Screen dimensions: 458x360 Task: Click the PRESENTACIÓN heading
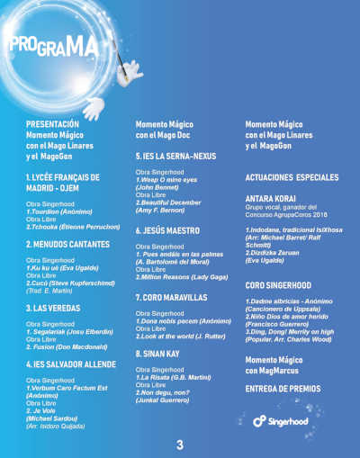tap(52, 123)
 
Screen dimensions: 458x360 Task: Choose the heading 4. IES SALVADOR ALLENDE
tap(70, 364)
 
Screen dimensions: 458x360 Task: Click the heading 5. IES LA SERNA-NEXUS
tap(175, 157)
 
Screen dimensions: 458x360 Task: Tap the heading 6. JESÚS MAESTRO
tap(166, 230)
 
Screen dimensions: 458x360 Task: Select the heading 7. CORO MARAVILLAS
tap(171, 296)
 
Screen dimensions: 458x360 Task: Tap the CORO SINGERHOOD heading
tap(279, 284)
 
